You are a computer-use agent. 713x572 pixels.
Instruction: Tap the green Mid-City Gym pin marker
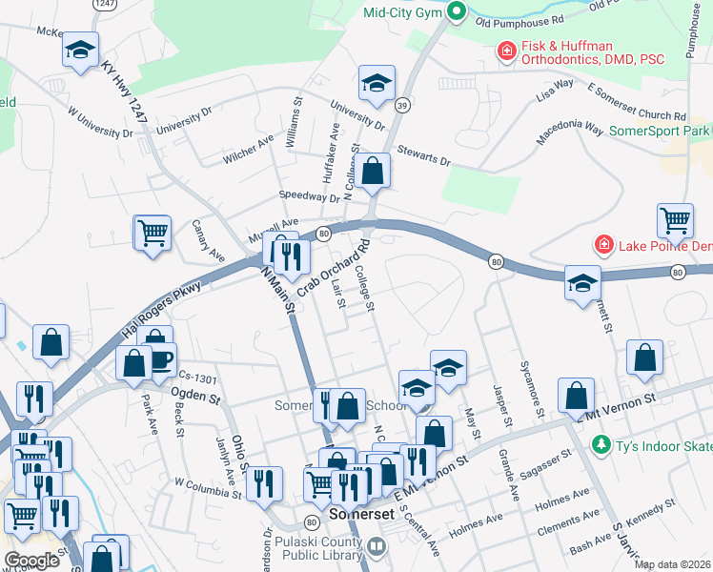(457, 12)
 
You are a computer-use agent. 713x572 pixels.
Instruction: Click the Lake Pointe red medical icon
(602, 245)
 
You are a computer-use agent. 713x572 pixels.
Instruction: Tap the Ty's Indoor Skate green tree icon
(601, 444)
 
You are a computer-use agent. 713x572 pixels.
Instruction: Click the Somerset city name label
(356, 512)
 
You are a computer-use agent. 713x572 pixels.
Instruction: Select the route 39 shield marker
(404, 106)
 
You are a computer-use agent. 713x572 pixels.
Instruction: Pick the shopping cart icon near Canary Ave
(153, 233)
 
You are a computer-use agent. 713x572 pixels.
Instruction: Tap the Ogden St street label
(195, 391)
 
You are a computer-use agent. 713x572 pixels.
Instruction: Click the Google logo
(31, 561)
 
